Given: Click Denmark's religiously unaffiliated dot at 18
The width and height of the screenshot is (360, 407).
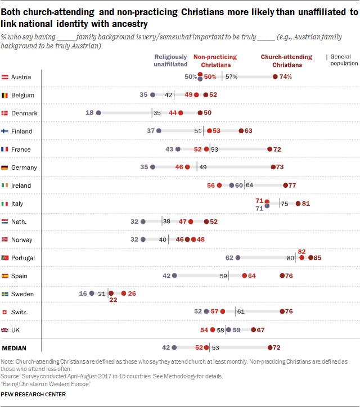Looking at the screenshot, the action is pyautogui.click(x=98, y=113).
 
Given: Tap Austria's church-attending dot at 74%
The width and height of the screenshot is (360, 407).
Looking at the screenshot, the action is pyautogui.click(x=275, y=76).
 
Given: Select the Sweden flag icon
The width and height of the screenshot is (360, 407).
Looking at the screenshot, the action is pyautogui.click(x=4, y=294).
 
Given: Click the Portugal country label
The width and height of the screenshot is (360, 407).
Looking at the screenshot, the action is pyautogui.click(x=23, y=258).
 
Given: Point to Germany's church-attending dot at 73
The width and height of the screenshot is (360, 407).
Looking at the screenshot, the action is pyautogui.click(x=273, y=167).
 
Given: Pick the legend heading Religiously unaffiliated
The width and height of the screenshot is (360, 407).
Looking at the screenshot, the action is pyautogui.click(x=170, y=61).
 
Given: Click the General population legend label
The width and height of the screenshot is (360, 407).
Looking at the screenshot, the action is pyautogui.click(x=344, y=60).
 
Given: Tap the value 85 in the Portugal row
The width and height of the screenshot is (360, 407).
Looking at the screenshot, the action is pyautogui.click(x=317, y=258).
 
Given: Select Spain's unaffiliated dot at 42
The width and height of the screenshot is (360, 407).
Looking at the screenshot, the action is pyautogui.click(x=174, y=275).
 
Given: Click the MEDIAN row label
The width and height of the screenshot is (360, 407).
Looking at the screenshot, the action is pyautogui.click(x=14, y=348).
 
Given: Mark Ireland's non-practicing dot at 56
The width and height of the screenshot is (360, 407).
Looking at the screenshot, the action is pyautogui.click(x=219, y=185).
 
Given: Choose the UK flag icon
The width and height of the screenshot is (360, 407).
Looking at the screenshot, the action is pyautogui.click(x=4, y=330).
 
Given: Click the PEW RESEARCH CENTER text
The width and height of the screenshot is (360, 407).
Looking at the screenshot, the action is pyautogui.click(x=33, y=394).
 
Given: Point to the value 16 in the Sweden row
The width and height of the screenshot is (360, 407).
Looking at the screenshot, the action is pyautogui.click(x=83, y=293).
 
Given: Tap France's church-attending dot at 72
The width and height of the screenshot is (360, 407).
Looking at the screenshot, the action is pyautogui.click(x=269, y=149).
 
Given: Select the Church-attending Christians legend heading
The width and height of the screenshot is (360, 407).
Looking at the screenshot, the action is pyautogui.click(x=287, y=61).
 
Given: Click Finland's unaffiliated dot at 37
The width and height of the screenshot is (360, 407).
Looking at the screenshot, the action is pyautogui.click(x=159, y=131).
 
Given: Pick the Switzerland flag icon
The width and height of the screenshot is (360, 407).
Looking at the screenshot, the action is pyautogui.click(x=4, y=312).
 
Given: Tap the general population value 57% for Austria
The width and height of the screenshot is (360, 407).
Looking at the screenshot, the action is pyautogui.click(x=231, y=76).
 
